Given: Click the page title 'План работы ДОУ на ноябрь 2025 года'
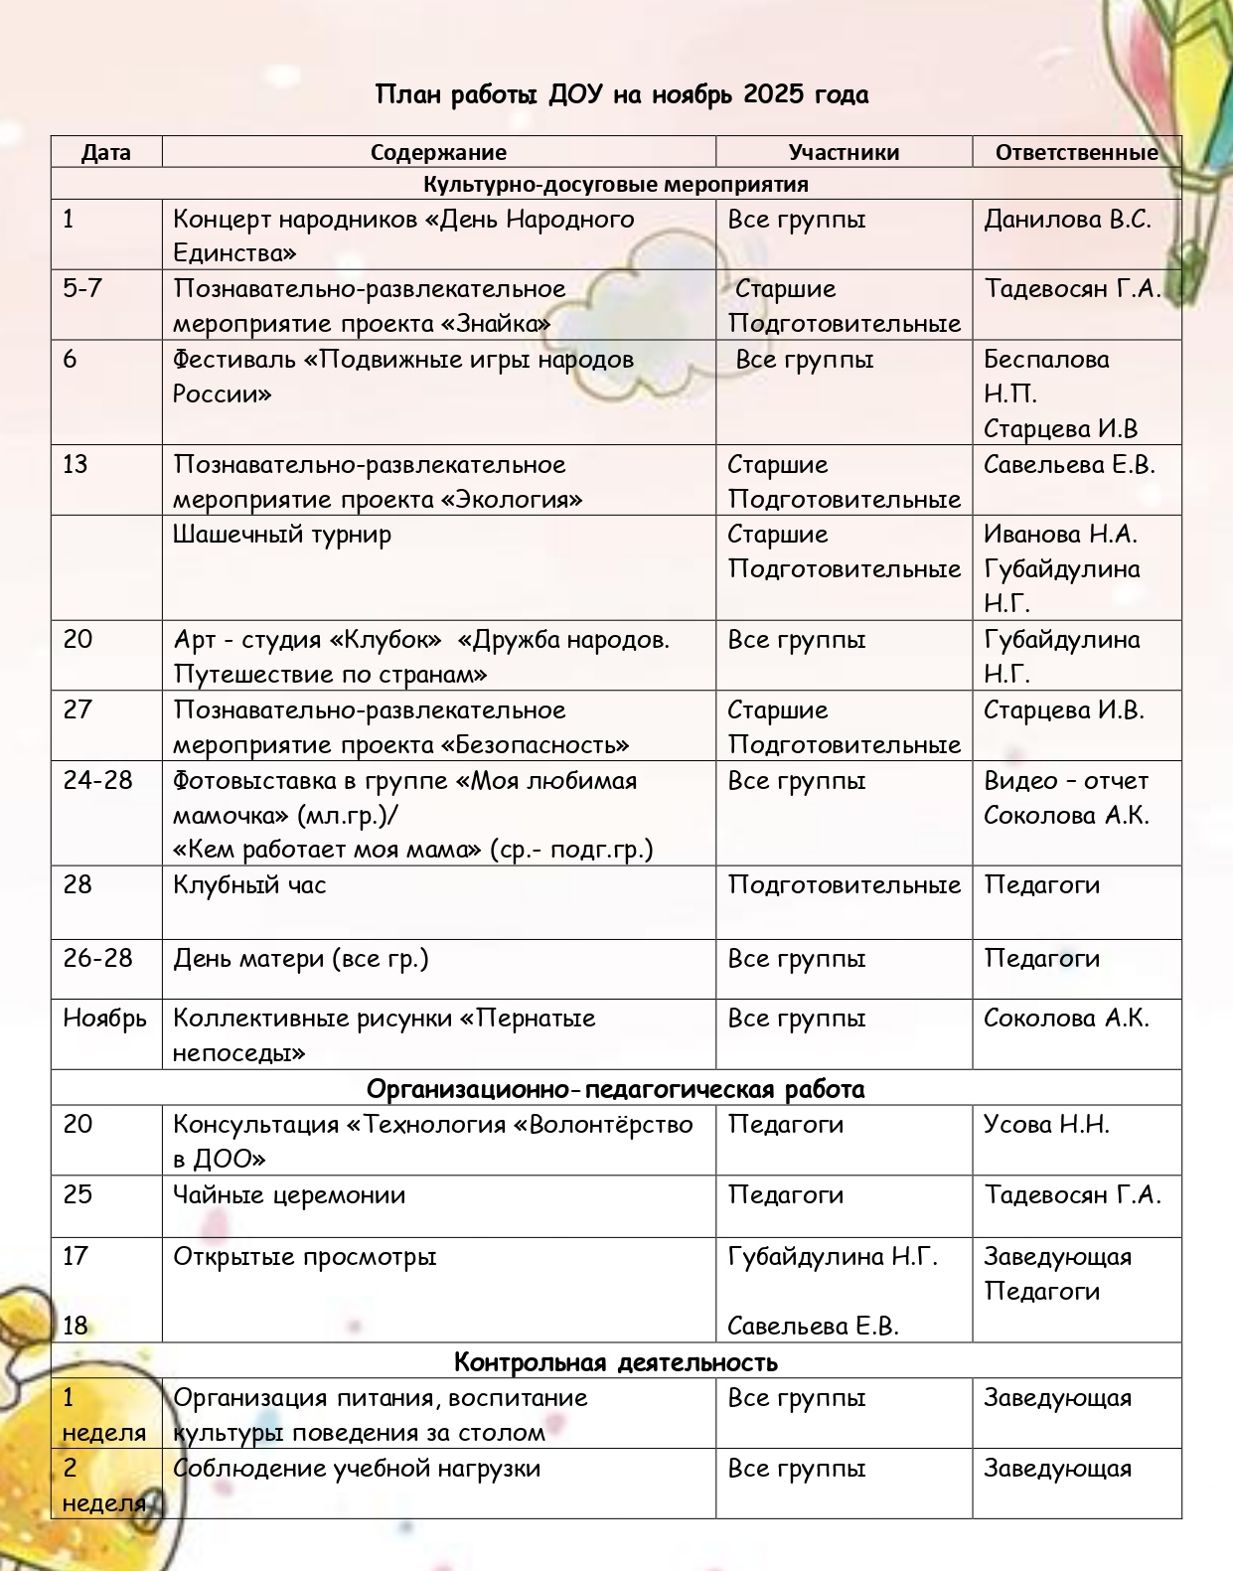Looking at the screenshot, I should coord(622,95).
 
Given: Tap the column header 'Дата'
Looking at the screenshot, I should coord(106,153).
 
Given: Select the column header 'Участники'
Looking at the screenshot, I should coord(844,153).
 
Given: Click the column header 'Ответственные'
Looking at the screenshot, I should coord(1076,153).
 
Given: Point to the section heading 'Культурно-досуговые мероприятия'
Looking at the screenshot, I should coord(616,185).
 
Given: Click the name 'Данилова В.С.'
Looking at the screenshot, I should coord(1067,220).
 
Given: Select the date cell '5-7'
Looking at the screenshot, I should coord(82,289).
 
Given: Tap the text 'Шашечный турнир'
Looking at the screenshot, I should coord(282,535).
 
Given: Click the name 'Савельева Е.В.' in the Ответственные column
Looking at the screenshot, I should coord(1069,465).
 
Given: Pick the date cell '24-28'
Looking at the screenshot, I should coord(97,781).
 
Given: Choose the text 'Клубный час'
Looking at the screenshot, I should coord(249,885).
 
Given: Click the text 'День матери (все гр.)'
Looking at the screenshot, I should coord(301,959).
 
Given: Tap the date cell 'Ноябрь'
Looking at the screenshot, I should coord(104,1019).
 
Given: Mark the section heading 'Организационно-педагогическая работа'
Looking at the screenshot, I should coord(616,1089).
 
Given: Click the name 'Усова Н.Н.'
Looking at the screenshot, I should coord(1046,1125).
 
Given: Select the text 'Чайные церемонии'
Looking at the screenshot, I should coord(289,1195).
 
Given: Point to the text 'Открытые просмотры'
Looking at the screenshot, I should coord(305,1257).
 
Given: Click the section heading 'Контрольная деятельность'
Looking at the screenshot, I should coord(616,1361).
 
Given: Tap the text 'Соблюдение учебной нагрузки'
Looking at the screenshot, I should coord(357,1469).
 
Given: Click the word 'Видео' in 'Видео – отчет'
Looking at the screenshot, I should coord(1019,781).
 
